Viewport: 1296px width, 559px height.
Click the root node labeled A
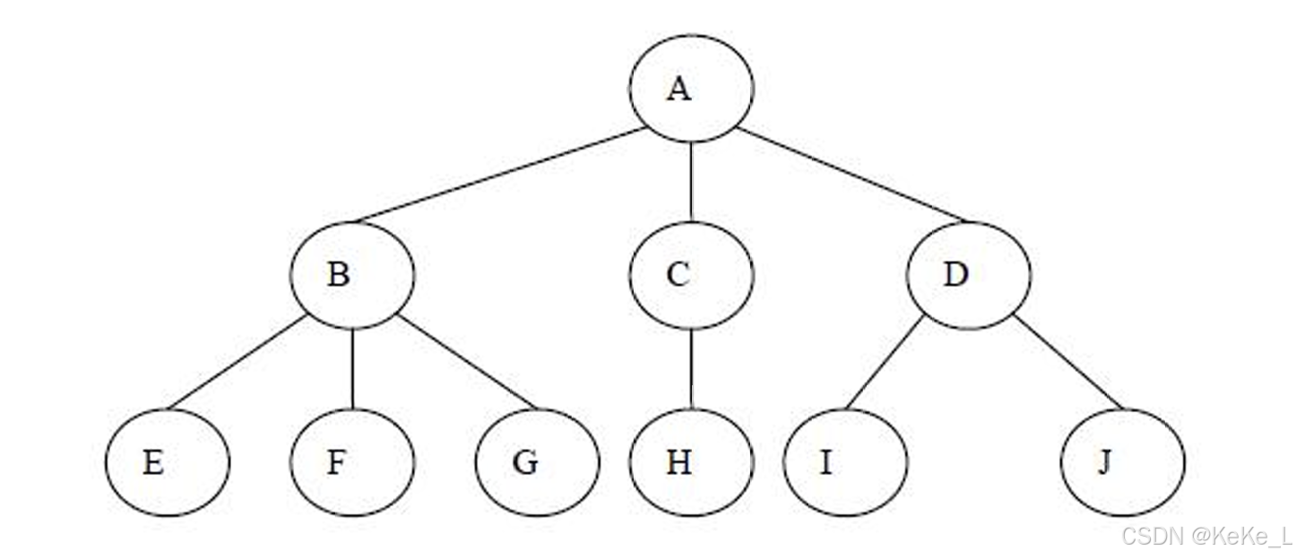691,88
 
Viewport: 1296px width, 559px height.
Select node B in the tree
351,275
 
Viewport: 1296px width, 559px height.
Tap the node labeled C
691,275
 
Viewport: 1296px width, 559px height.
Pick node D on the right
969,275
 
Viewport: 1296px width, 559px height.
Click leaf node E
167,463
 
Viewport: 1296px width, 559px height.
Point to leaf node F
351,463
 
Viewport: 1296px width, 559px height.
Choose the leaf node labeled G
537,463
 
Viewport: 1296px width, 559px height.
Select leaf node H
691,463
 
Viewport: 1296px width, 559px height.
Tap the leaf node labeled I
845,463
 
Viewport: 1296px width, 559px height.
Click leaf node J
1122,463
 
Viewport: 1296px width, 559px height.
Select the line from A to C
691,181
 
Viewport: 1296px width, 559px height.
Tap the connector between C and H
691,369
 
